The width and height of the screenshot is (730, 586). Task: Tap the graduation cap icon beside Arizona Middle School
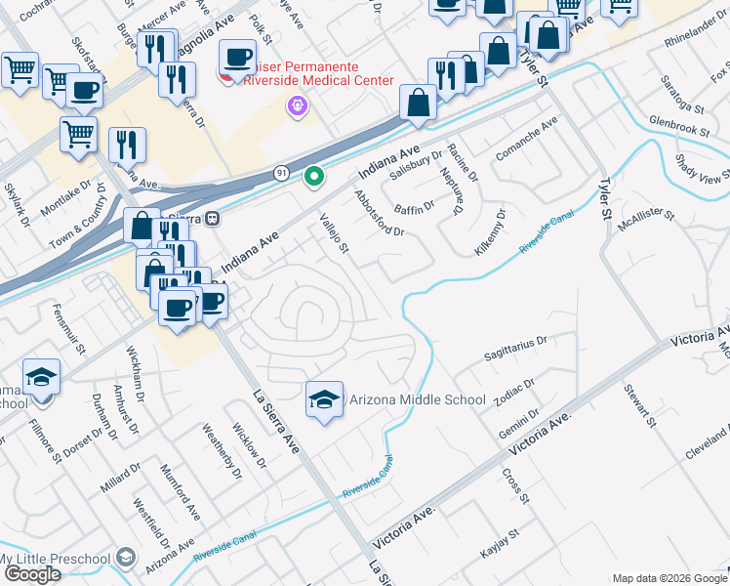(x=325, y=399)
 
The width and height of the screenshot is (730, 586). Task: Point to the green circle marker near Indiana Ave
(x=313, y=177)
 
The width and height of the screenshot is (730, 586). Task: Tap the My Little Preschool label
(x=54, y=558)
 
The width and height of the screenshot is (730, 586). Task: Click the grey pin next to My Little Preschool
(x=125, y=557)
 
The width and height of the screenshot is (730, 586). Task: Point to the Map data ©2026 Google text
(x=669, y=578)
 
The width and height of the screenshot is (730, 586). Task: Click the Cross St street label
(x=515, y=486)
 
